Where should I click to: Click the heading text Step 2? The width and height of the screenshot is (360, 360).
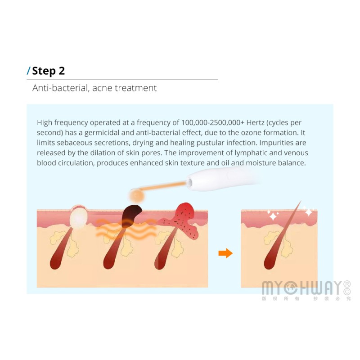49,71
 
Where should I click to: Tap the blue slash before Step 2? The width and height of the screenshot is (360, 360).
28,71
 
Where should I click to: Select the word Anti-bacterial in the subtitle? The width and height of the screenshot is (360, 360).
61,88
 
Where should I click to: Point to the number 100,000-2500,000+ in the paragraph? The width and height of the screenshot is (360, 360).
212,122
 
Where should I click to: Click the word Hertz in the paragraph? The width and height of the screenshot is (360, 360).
255,122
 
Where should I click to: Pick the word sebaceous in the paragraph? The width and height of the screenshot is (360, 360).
74,143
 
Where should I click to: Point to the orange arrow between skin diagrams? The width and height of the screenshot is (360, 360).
225,253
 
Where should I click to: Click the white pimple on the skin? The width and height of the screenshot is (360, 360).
79,217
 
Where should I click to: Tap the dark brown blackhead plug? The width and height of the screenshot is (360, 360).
131,215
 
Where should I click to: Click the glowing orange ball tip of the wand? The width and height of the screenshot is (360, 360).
137,196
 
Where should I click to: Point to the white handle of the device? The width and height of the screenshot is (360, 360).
220,178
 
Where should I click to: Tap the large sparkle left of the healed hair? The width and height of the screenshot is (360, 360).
273,216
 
